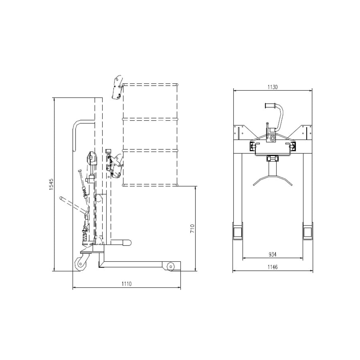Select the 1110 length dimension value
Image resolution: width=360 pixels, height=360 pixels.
pos(126,284)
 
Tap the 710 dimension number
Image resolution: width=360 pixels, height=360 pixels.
pos(192,228)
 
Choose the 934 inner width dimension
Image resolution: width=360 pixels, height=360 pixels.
pos(272,254)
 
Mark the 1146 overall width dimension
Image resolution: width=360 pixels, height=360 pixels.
pos(272,267)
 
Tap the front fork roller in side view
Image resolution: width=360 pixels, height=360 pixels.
pos(170,266)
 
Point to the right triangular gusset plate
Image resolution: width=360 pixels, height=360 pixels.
pos(303,132)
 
